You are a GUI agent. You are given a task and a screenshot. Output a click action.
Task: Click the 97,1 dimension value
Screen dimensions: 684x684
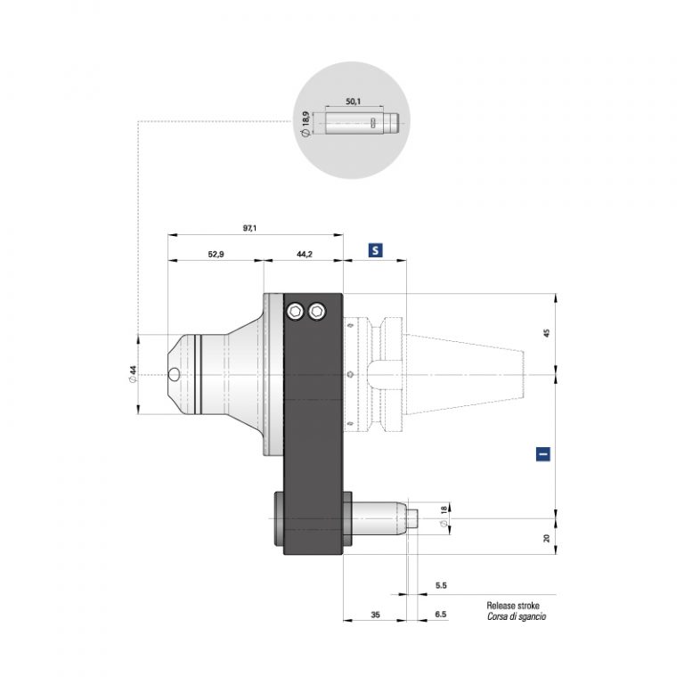pyautogui.click(x=249, y=229)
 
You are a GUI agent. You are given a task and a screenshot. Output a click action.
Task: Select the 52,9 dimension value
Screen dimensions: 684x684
pyautogui.click(x=215, y=255)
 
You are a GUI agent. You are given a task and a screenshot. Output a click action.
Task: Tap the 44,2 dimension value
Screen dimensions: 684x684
pyautogui.click(x=303, y=255)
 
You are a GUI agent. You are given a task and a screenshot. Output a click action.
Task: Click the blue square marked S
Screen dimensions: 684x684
pyautogui.click(x=375, y=251)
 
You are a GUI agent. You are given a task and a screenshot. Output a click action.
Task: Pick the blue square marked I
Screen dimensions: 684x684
pyautogui.click(x=543, y=453)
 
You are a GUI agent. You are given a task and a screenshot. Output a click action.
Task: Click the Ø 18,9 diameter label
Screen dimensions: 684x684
pyautogui.click(x=306, y=124)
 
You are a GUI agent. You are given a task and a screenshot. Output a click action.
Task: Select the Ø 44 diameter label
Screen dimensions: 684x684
pyautogui.click(x=132, y=374)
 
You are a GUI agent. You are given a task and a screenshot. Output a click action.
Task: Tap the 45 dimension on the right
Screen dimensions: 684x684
pyautogui.click(x=546, y=332)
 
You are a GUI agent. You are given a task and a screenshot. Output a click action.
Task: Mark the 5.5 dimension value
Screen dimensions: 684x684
pyautogui.click(x=441, y=585)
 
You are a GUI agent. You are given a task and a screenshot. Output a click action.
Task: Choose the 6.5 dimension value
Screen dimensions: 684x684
pyautogui.click(x=441, y=615)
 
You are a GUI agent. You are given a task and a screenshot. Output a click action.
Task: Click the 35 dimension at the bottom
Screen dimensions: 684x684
pyautogui.click(x=374, y=615)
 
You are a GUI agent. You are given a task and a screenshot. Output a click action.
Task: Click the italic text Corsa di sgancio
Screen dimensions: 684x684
pyautogui.click(x=517, y=616)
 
